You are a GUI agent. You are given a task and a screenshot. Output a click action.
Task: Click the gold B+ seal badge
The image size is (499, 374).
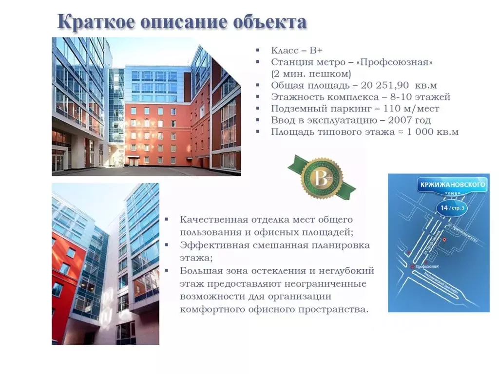click(x=322, y=178)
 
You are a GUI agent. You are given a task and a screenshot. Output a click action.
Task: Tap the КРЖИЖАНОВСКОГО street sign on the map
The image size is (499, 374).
click(x=453, y=185)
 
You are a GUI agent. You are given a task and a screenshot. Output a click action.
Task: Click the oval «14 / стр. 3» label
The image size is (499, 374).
click(x=451, y=208)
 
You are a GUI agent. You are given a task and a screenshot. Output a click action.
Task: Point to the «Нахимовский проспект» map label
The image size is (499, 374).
click(x=441, y=282)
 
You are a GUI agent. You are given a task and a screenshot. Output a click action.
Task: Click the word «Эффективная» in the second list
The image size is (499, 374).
click(x=214, y=245)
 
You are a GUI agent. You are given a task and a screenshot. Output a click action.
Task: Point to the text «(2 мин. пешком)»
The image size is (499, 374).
click(x=311, y=74)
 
